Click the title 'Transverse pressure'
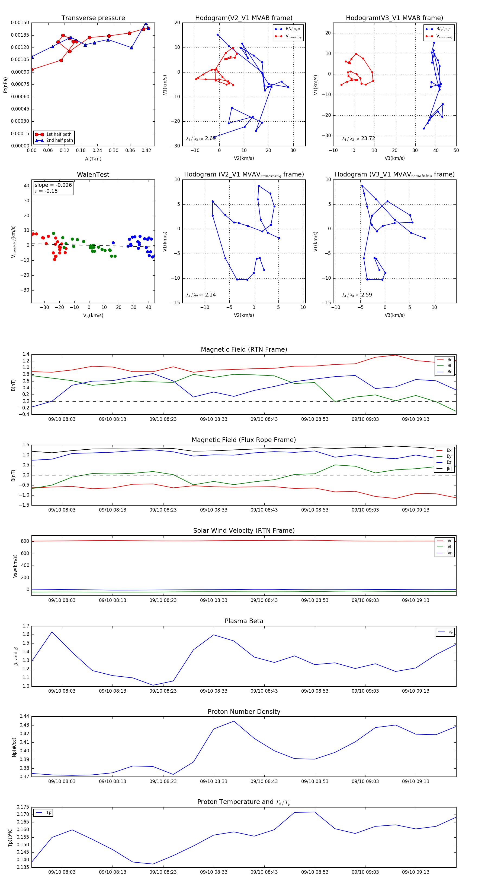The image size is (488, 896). click(x=93, y=18)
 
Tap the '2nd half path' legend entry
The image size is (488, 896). click(x=59, y=141)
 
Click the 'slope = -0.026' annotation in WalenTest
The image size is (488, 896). click(x=53, y=185)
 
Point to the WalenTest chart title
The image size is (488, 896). click(x=93, y=175)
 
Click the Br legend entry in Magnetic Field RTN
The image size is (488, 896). click(x=449, y=360)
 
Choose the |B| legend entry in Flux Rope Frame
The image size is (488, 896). click(x=449, y=469)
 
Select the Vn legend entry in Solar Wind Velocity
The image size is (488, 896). click(x=450, y=553)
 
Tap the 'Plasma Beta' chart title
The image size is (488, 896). click(x=244, y=621)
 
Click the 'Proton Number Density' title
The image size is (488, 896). click(x=244, y=712)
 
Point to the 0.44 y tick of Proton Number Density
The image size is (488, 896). click(x=24, y=716)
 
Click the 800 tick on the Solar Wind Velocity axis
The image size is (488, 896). click(x=25, y=541)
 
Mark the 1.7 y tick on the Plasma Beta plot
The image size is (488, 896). click(x=26, y=626)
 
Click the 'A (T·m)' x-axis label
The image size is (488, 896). click(x=93, y=159)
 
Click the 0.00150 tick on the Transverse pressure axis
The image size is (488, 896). click(x=20, y=23)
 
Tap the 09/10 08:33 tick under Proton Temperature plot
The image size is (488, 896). click(x=214, y=872)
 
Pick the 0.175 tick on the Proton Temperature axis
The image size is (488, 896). click(x=23, y=807)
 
